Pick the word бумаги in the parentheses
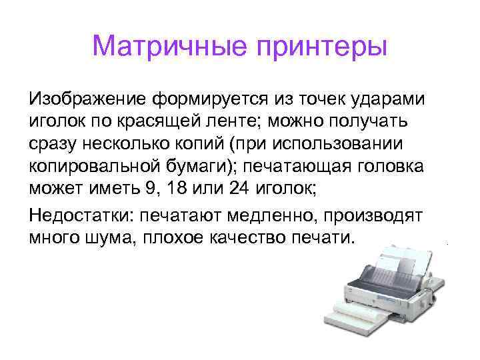coord(199,166)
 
